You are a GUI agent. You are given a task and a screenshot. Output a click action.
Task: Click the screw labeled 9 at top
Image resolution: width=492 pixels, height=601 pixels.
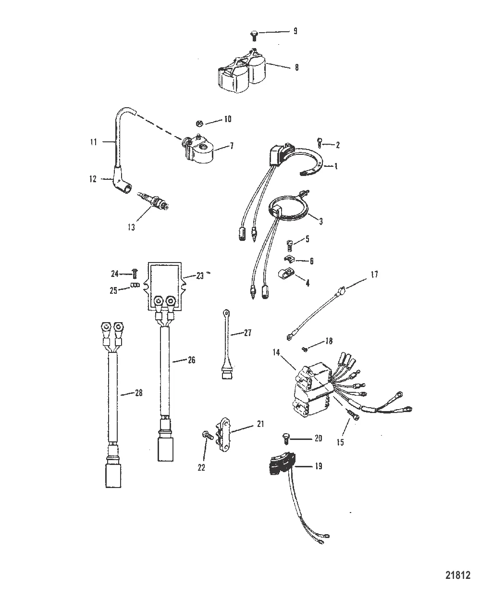255,34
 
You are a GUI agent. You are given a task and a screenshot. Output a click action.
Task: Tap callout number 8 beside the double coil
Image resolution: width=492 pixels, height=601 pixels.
296,68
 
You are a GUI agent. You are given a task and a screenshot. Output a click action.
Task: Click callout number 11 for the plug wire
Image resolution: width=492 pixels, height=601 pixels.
93,142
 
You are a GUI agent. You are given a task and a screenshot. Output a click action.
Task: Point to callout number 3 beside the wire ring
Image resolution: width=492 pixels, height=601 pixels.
321,221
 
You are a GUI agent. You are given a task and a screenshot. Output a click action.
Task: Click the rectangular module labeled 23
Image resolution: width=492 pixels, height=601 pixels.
165,287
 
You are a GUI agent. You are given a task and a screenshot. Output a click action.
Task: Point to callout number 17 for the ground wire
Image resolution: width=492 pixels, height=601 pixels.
374,275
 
